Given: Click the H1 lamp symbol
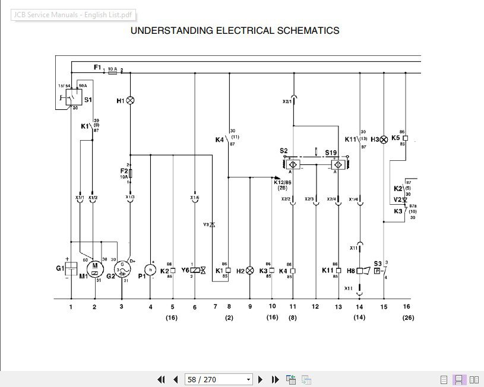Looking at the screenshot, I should [130, 100].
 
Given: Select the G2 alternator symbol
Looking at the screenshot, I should [122, 270].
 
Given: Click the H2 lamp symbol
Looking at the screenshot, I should [249, 271].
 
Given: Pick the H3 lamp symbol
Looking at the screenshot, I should [384, 139].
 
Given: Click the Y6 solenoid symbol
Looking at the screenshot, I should [195, 271].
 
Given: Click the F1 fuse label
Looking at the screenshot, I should [97, 68].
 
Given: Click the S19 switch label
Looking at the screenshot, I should [331, 153].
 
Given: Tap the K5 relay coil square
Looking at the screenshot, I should [406, 138].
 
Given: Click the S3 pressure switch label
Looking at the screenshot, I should [378, 264].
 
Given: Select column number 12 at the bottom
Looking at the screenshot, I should [315, 306].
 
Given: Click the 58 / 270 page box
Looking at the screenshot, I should [219, 379].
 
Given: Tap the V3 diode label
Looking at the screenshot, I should [207, 225].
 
